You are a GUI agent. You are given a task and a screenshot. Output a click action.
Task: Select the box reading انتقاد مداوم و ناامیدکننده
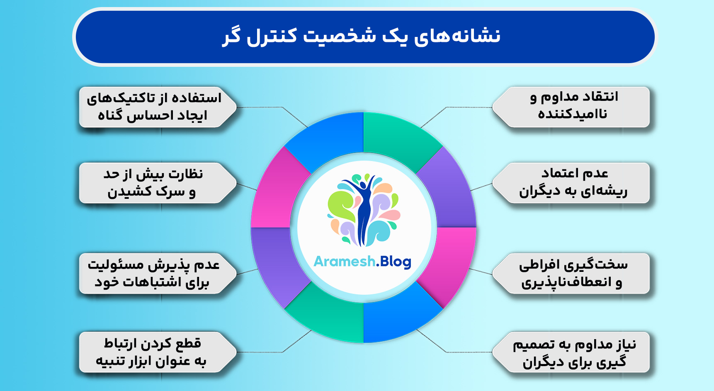574,107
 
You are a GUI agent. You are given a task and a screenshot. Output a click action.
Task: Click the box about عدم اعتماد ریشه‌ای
574,183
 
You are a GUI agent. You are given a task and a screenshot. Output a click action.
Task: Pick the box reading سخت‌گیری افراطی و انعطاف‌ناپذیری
574,274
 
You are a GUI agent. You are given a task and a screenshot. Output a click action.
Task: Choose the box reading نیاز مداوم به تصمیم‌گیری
574,352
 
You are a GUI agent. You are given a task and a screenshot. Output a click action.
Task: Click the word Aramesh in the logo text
344,261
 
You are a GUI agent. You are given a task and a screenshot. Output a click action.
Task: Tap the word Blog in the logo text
395,262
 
